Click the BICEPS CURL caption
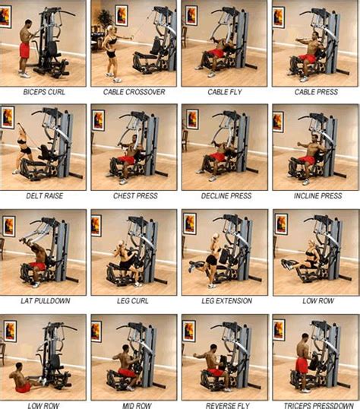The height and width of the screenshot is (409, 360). [x=45, y=92]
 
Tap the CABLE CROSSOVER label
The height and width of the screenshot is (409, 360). [x=134, y=92]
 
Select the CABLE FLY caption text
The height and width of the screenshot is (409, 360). [x=225, y=92]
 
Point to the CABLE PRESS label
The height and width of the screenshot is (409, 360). [x=314, y=92]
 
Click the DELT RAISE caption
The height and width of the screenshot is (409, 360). [x=45, y=196]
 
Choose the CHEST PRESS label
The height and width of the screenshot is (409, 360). [x=134, y=196]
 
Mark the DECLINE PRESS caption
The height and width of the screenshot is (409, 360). [x=225, y=196]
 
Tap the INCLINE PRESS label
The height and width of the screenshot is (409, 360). [x=314, y=196]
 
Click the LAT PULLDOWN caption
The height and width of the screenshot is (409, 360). [x=45, y=301]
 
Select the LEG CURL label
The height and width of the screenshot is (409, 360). [x=134, y=301]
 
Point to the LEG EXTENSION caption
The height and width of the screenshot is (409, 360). [x=225, y=301]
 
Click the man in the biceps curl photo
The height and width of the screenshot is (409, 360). [x=25, y=49]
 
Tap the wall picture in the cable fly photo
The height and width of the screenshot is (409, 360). [x=191, y=14]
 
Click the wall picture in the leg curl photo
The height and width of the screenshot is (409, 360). [x=96, y=225]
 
